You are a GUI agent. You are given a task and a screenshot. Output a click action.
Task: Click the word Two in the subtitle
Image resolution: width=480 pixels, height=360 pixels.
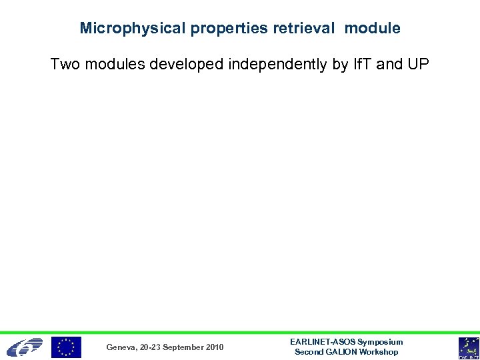click(x=65, y=65)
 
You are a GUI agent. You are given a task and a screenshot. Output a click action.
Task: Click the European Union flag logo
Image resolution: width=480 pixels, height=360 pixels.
click(x=67, y=347)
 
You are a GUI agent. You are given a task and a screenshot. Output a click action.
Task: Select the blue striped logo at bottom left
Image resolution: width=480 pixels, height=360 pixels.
click(x=25, y=347)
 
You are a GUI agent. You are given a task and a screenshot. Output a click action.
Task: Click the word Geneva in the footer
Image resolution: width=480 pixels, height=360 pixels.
click(x=122, y=347)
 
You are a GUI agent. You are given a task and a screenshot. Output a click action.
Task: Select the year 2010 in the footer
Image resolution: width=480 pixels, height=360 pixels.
click(x=215, y=347)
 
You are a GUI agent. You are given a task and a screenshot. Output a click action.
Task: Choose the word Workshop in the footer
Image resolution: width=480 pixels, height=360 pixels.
click(x=379, y=352)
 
